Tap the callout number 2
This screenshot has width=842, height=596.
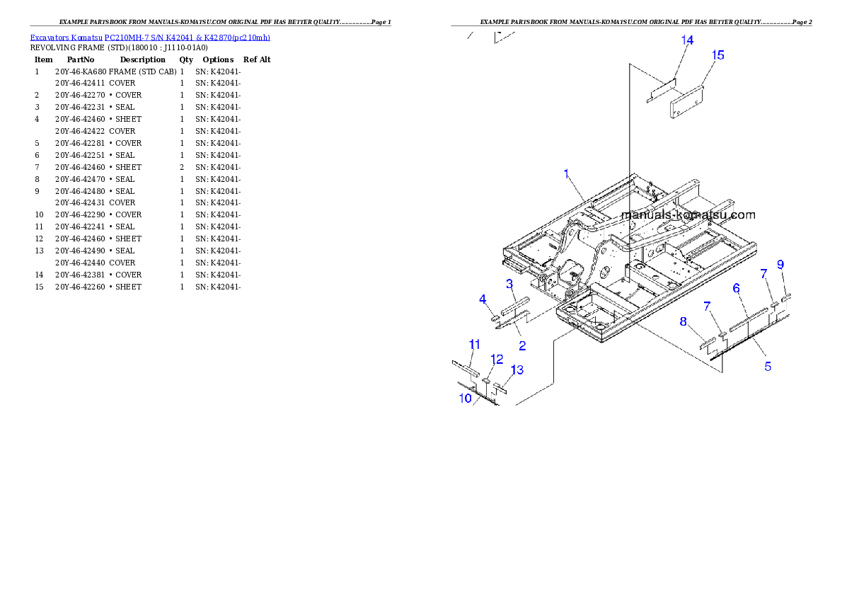tap(522, 346)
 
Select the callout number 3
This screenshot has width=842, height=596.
tap(509, 284)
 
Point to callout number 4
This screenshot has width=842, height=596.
tap(483, 299)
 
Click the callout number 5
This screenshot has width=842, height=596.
tap(767, 366)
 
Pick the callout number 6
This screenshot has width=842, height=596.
tap(736, 288)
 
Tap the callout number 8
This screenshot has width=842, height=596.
tap(683, 321)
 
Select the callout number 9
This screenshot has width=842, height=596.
tap(780, 265)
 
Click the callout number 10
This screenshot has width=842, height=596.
tap(465, 398)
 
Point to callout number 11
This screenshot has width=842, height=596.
tap(475, 345)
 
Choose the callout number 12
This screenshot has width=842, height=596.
tap(497, 360)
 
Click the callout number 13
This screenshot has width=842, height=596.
tap(517, 370)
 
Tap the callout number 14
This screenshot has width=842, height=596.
tap(687, 40)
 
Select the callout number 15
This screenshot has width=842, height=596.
tap(717, 55)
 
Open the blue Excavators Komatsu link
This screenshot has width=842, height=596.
tap(149, 38)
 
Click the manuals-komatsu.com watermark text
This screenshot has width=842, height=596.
tap(688, 215)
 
